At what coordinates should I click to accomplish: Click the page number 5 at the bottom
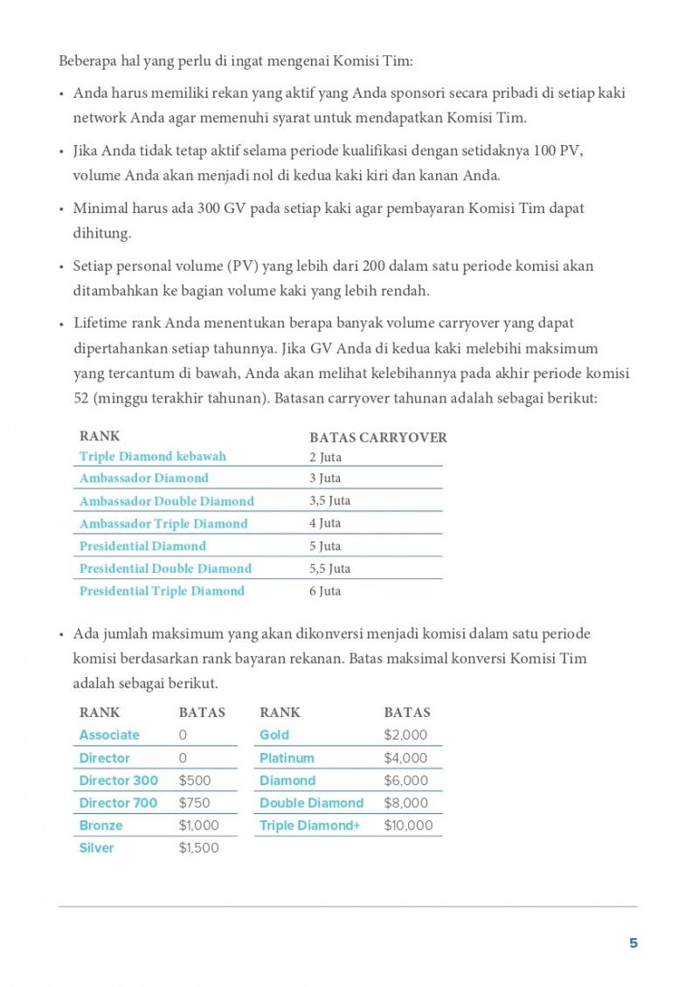(x=633, y=943)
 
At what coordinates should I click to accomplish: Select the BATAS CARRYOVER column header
(x=377, y=438)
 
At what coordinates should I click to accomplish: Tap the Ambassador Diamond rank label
(x=144, y=478)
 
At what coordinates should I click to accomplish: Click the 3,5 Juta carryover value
(x=329, y=500)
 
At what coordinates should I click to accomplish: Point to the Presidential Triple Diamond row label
(x=162, y=590)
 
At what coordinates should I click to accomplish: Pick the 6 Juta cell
(x=325, y=590)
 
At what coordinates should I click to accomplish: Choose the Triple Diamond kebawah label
(x=153, y=456)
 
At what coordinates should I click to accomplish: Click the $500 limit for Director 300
(x=195, y=780)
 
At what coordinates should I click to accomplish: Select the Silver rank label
(x=96, y=847)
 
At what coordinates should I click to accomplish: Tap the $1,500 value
(x=198, y=847)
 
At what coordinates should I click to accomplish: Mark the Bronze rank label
(x=100, y=825)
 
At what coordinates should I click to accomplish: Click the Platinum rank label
(x=287, y=757)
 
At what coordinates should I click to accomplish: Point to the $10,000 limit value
(x=408, y=825)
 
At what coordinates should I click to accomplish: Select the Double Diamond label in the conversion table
(x=311, y=803)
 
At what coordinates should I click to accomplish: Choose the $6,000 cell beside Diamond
(x=405, y=780)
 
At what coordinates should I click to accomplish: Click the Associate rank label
(x=109, y=735)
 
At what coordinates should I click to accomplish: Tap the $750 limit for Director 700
(x=194, y=803)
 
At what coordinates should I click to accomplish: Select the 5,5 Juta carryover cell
(x=329, y=568)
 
